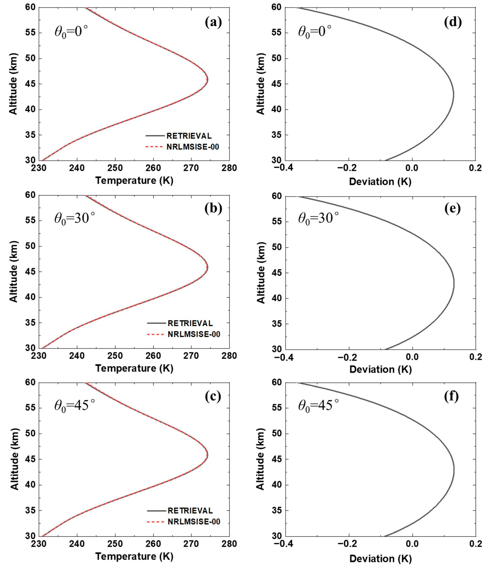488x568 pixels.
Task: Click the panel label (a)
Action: tap(213, 23)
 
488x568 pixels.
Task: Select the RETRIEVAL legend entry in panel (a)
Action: tap(189, 136)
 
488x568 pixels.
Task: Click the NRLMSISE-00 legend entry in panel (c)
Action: tap(194, 522)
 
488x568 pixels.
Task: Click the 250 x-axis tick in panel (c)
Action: tap(115, 543)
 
